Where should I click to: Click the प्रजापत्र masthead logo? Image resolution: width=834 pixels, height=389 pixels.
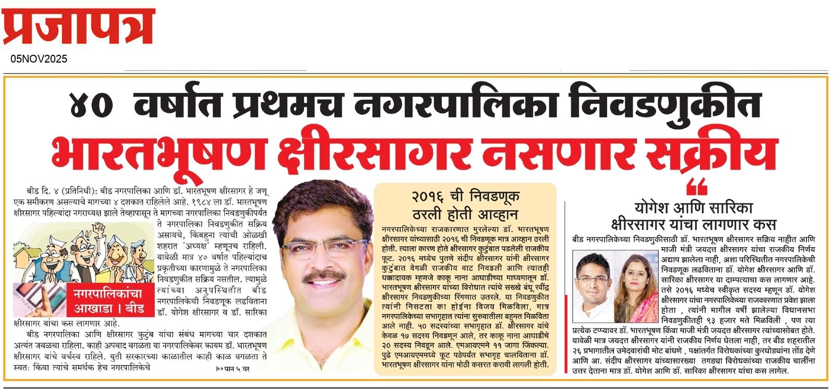tap(78, 26)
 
